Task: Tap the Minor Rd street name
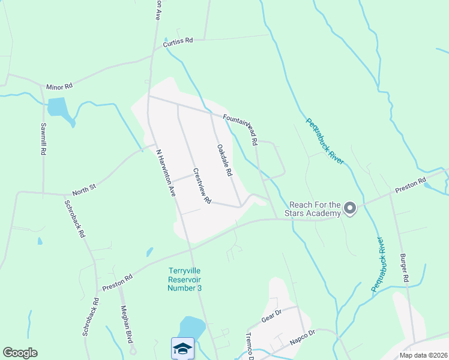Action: pos(59,86)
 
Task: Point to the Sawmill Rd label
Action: pos(43,139)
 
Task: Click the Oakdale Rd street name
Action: pos(224,160)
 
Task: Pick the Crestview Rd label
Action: pos(202,185)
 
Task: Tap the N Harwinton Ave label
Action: pos(166,173)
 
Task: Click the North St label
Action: pos(84,190)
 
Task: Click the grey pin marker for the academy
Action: pos(351,209)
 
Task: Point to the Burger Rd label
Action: pos(405,268)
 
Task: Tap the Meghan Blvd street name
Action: pos(126,323)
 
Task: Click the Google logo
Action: pos(20,353)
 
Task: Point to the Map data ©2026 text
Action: pos(423,355)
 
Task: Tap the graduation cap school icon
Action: pos(182,348)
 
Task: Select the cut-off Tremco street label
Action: pos(251,346)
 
